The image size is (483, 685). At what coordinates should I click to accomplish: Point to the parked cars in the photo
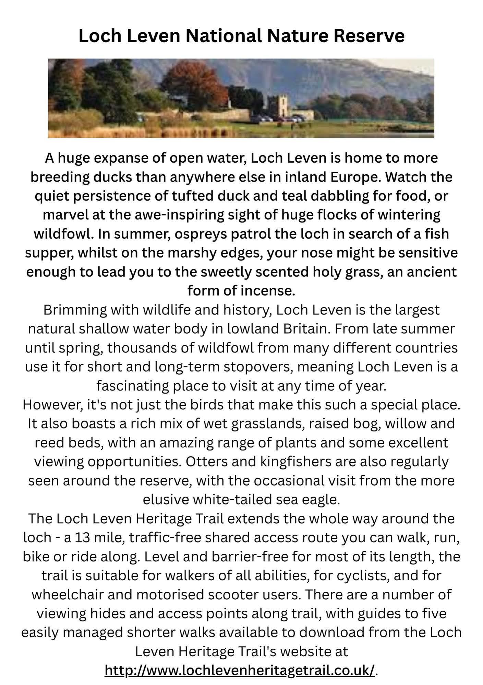[278, 119]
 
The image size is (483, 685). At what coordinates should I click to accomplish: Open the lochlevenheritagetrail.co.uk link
[240, 670]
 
